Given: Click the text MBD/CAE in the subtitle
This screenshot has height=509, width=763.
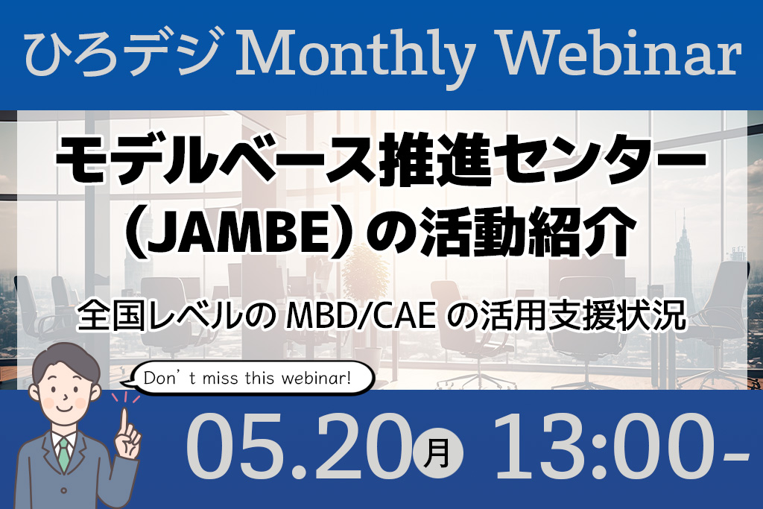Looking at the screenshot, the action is pos(360,315).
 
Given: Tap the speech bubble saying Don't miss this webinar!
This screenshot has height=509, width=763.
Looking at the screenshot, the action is pos(247,378).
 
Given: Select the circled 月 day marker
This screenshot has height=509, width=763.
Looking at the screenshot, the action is pos(437,454).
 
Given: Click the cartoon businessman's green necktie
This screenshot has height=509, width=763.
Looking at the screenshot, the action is pos(64,455).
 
